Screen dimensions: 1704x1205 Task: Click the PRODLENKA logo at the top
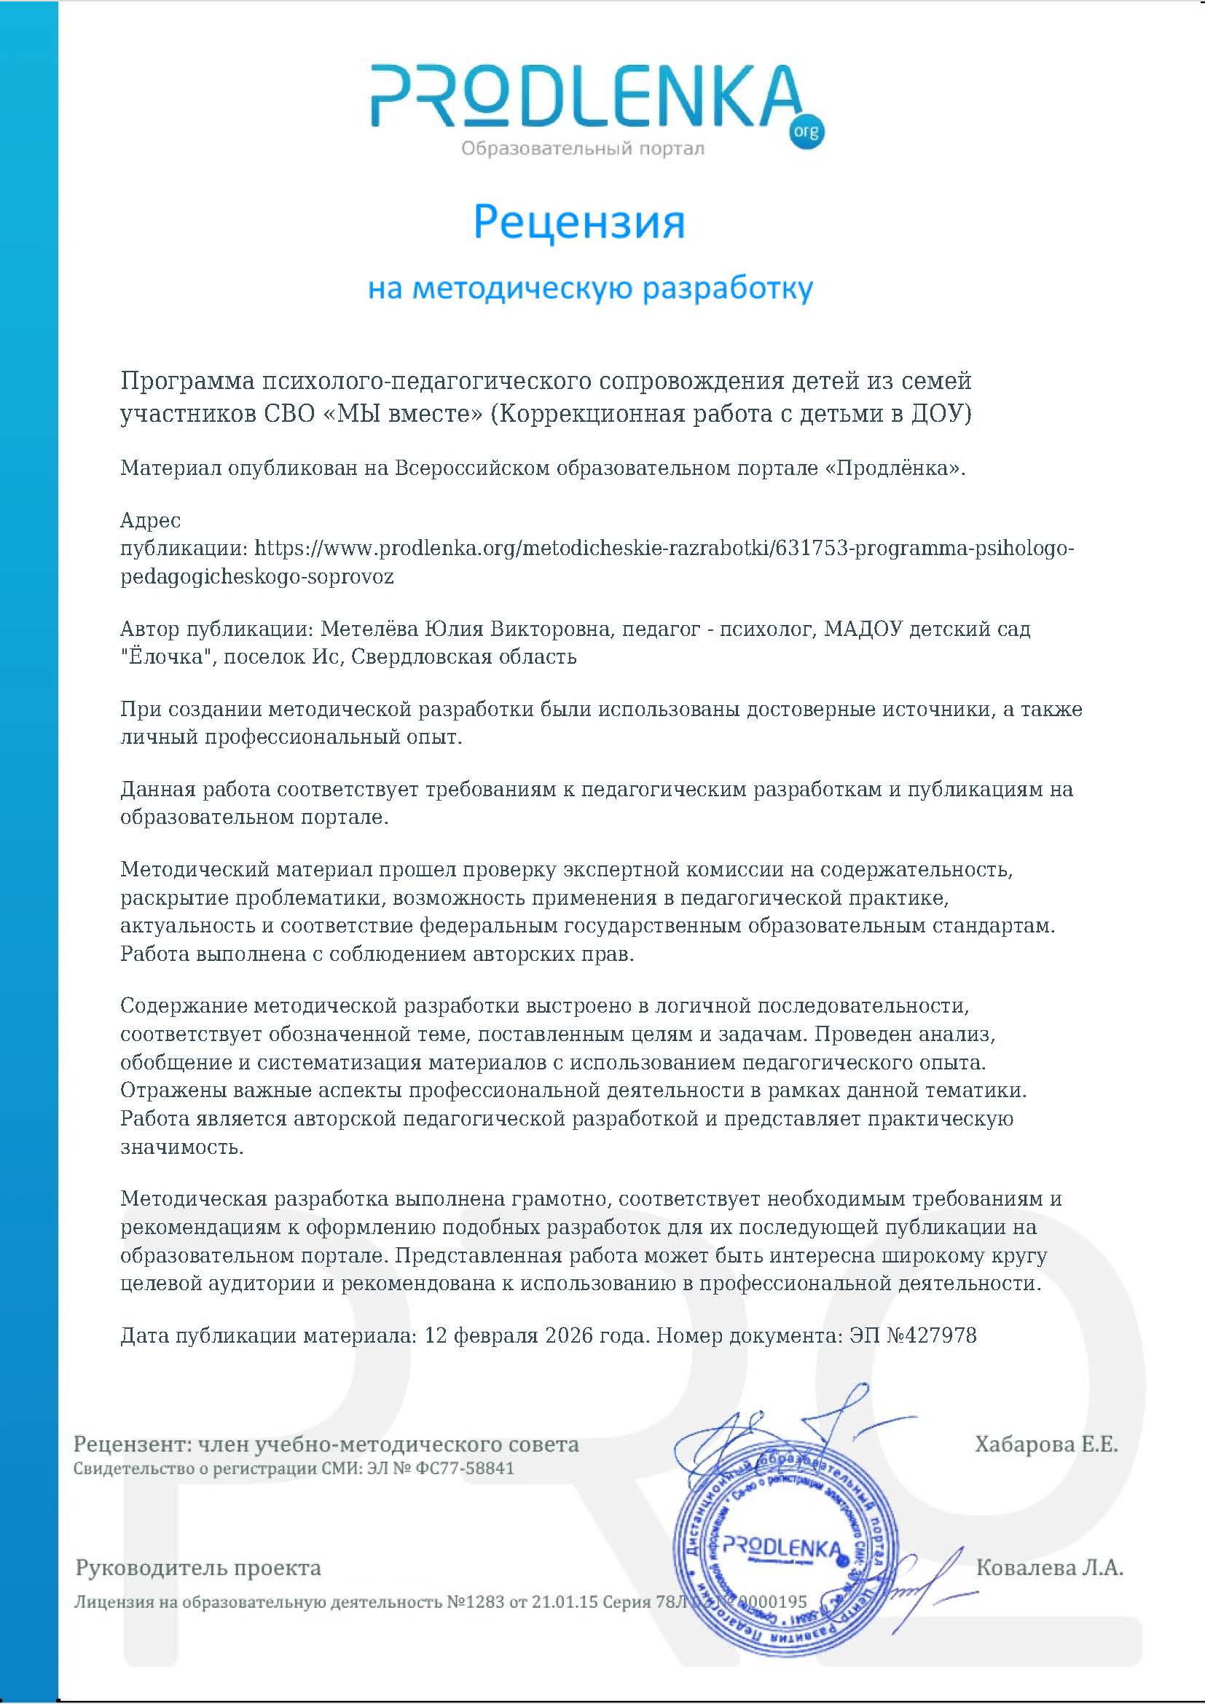(586, 96)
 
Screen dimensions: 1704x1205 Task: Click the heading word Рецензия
(578, 222)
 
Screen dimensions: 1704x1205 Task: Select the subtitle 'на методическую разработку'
(591, 288)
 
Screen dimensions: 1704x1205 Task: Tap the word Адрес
(151, 519)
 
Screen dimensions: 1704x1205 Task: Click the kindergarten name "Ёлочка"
(162, 657)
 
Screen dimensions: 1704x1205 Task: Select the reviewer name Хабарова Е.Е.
(1045, 1444)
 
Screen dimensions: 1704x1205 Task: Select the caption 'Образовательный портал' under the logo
(583, 149)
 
